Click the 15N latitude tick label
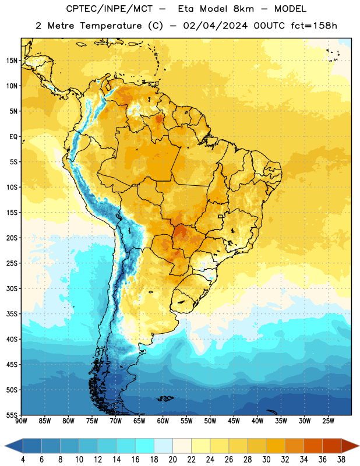coord(12,61)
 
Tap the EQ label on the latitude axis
coord(13,137)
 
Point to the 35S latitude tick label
coord(12,314)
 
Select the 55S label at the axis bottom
coord(12,415)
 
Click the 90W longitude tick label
coord(21,421)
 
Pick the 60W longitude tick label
coord(163,421)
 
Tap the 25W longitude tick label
coord(328,421)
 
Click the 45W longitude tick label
coord(234,421)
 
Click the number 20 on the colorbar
coord(172,460)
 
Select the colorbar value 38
coord(341,460)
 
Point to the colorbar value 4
coord(23,460)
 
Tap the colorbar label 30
coord(266,460)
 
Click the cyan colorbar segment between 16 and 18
coord(145,446)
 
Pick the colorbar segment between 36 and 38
coord(332,446)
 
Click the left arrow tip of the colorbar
coord(5,446)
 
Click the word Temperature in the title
coord(111,26)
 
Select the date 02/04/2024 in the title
coord(215,26)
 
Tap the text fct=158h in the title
coord(314,26)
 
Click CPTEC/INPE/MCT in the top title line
coord(109,9)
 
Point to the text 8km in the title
coord(243,9)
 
